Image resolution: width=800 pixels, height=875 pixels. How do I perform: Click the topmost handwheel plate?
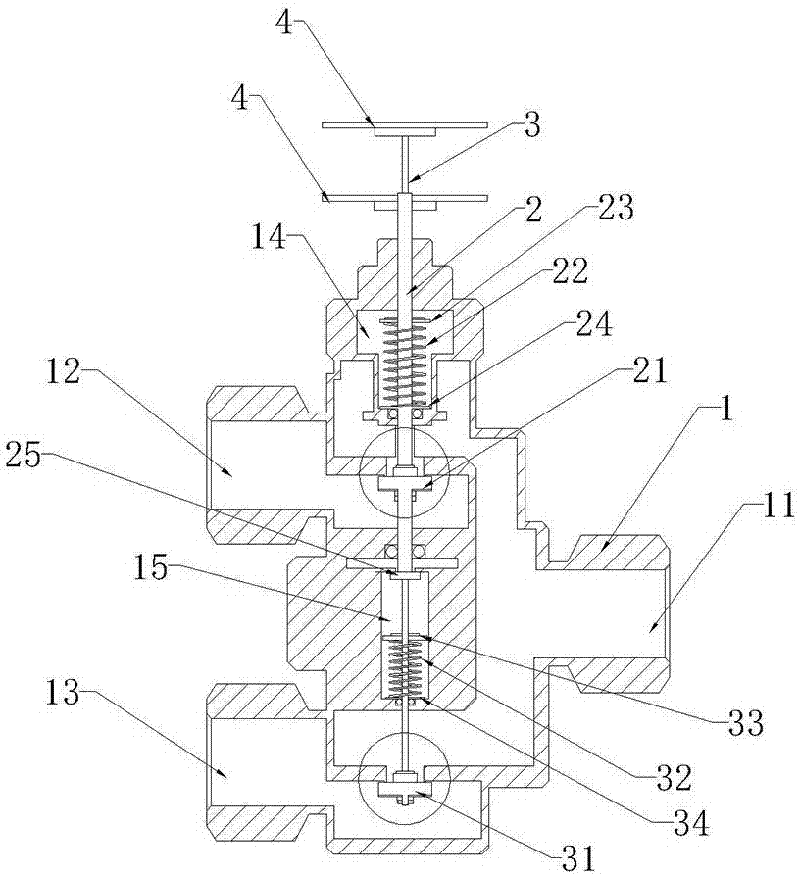pos(404,124)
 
